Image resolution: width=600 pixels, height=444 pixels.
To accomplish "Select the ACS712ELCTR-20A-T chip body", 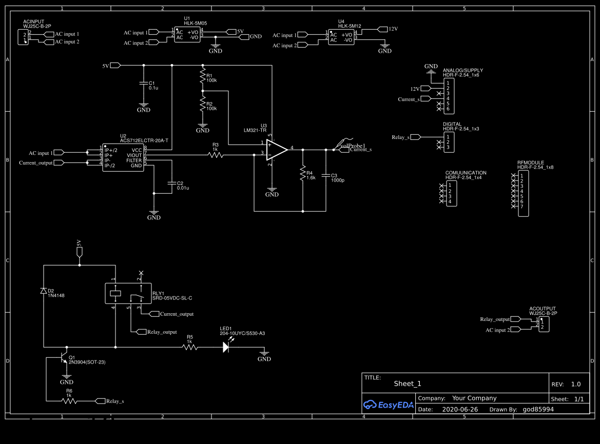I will [x=123, y=157].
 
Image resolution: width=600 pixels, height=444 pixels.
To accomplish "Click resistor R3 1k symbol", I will [x=216, y=154].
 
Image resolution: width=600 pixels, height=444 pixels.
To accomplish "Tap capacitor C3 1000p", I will [x=326, y=175].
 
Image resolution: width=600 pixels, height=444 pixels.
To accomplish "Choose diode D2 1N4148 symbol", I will [x=44, y=291].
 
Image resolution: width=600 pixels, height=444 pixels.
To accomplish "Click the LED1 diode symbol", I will [x=226, y=347].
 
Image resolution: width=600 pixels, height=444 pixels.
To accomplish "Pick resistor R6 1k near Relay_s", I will [x=69, y=400].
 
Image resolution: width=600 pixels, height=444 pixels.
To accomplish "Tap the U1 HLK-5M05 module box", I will [x=187, y=34].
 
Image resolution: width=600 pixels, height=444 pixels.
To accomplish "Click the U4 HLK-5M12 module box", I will [x=341, y=37].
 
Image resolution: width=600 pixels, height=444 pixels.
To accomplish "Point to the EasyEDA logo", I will [x=388, y=405].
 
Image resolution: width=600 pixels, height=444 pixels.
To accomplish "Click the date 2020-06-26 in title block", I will [x=459, y=409].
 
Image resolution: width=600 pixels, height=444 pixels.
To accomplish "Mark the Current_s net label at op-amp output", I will [x=360, y=150].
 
